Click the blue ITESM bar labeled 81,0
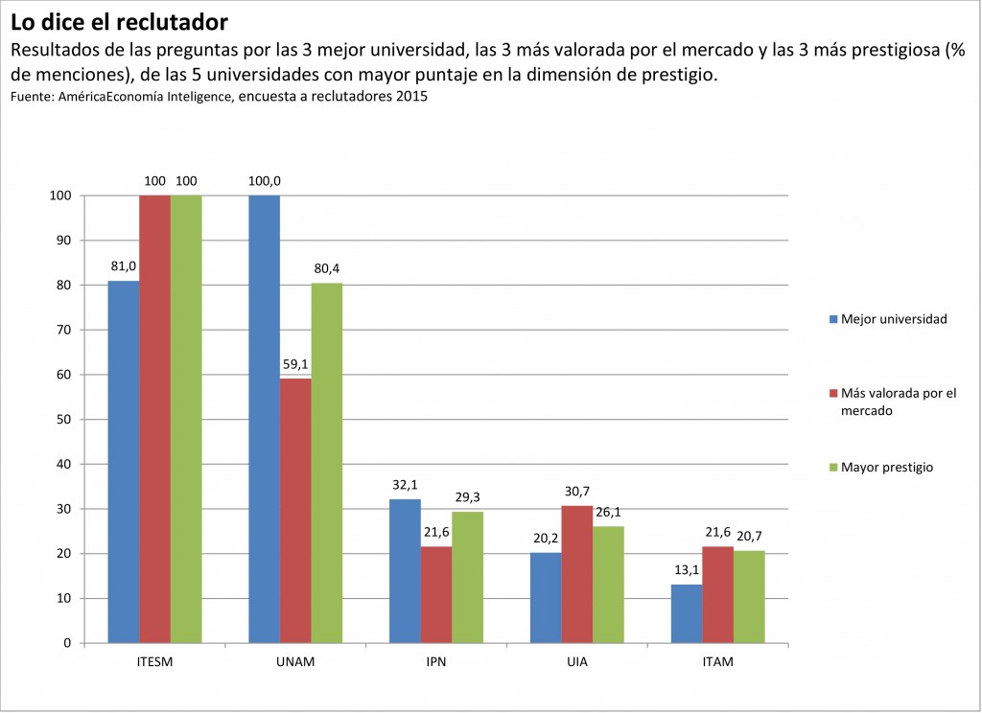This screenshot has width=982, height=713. [x=124, y=461]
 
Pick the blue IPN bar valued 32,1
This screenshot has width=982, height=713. [x=405, y=570]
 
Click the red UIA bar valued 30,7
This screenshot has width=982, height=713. [x=576, y=573]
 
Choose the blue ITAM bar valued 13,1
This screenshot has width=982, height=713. [x=687, y=613]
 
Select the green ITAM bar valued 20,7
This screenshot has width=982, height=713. [x=749, y=596]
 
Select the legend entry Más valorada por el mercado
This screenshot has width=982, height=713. [x=898, y=401]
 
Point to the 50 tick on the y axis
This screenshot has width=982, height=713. [x=62, y=420]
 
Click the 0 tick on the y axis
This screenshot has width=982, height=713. [x=67, y=643]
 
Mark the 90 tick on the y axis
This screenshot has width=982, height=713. [x=62, y=241]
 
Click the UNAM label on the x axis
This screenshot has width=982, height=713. [x=295, y=662]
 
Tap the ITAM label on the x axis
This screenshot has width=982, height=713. [x=717, y=662]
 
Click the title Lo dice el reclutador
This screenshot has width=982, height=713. [x=120, y=21]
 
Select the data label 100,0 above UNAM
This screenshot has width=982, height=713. [x=265, y=180]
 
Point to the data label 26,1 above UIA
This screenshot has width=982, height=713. [x=608, y=512]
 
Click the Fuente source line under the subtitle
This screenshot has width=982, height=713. [x=219, y=97]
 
